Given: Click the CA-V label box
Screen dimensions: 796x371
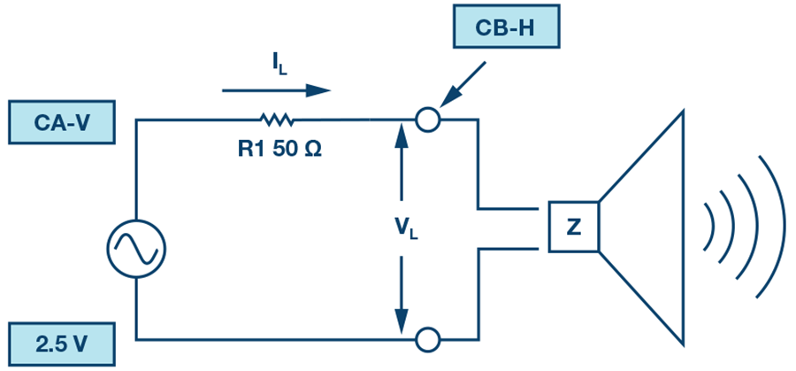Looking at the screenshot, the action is (x=61, y=122).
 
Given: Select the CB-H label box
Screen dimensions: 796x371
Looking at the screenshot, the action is (x=506, y=27).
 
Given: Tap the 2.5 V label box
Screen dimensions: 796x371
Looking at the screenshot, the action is (x=61, y=344).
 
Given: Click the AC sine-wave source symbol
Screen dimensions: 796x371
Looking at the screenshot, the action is (x=136, y=249).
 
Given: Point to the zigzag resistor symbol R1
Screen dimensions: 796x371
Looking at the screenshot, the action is (x=277, y=120).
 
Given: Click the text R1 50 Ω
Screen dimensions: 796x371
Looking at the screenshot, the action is (x=280, y=150).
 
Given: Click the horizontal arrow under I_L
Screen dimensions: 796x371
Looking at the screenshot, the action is (x=276, y=91).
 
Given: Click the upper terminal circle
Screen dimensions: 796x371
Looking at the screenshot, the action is (x=427, y=120).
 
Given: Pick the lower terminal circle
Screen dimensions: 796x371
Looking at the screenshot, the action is (x=427, y=339).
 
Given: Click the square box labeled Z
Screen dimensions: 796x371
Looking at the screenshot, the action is (x=574, y=227).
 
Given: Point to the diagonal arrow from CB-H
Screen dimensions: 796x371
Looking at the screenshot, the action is (x=463, y=85).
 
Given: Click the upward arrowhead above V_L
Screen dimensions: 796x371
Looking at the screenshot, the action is (x=402, y=135).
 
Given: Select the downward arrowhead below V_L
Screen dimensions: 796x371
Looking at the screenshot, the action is (x=402, y=321).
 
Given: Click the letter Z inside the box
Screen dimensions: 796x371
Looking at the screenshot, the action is (x=574, y=228).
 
